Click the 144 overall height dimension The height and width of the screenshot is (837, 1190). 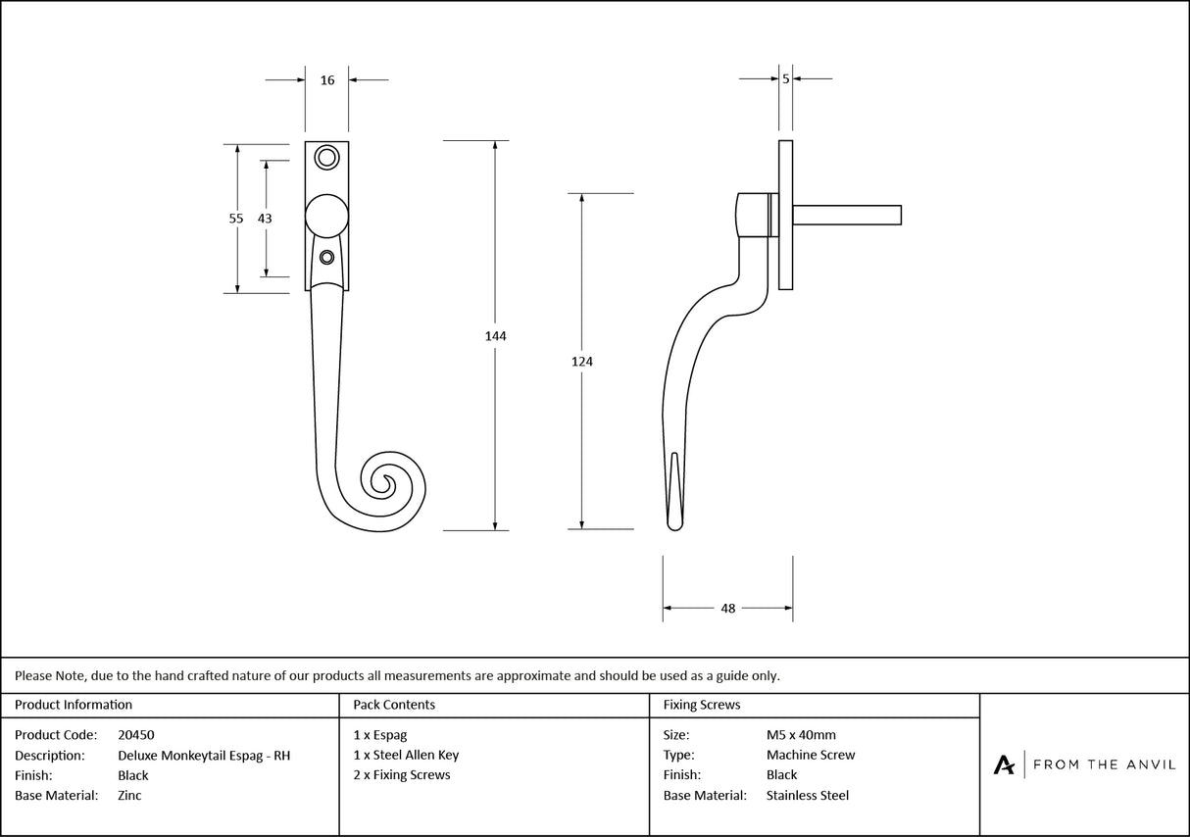pyautogui.click(x=495, y=336)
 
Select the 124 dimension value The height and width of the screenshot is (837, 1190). pyautogui.click(x=582, y=362)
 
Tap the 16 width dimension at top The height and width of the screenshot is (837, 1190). pyautogui.click(x=327, y=80)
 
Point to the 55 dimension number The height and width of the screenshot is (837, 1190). pyautogui.click(x=236, y=219)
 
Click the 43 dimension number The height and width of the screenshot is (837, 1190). pyautogui.click(x=265, y=219)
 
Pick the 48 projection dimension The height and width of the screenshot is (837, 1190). pyautogui.click(x=727, y=609)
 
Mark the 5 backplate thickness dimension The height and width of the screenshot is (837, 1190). pyautogui.click(x=786, y=78)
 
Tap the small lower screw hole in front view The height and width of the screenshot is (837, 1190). pyautogui.click(x=327, y=258)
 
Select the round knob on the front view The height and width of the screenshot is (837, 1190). pyautogui.click(x=327, y=216)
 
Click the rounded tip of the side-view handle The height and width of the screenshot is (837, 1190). pyautogui.click(x=674, y=526)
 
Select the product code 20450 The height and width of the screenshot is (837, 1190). pyautogui.click(x=135, y=735)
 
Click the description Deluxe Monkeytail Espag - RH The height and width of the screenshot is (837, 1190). pyautogui.click(x=204, y=756)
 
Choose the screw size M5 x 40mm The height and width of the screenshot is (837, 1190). pyautogui.click(x=801, y=735)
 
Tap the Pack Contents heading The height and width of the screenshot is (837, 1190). pyautogui.click(x=394, y=705)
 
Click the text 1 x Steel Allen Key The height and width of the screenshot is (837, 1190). pyautogui.click(x=406, y=756)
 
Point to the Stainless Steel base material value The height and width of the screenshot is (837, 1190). pyautogui.click(x=808, y=796)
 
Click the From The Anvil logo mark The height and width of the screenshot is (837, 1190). pyautogui.click(x=1004, y=764)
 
